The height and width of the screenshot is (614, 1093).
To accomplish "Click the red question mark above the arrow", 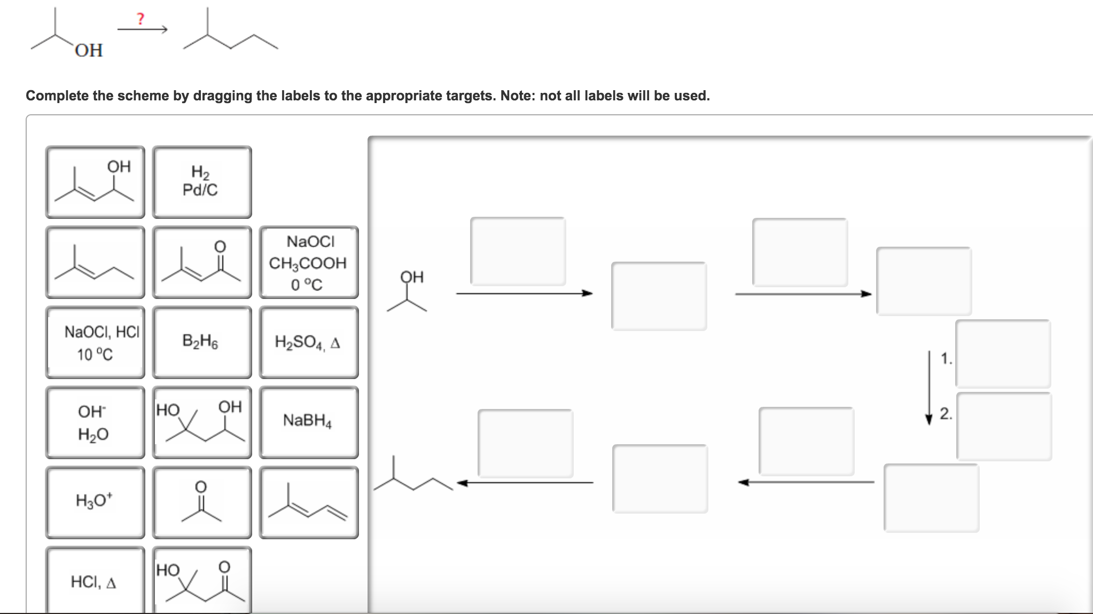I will (140, 19).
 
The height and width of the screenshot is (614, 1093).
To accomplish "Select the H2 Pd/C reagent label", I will (201, 182).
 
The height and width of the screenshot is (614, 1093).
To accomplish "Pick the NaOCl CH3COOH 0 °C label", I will (308, 262).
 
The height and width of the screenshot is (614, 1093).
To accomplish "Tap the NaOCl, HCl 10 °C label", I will (95, 342).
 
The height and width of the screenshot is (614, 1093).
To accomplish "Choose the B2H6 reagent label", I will (201, 342).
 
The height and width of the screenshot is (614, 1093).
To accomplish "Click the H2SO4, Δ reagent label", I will (308, 342).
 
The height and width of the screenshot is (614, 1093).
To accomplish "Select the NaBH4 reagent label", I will (308, 422).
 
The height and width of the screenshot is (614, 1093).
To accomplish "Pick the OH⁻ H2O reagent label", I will (95, 422).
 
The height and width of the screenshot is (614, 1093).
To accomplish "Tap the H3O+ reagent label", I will (95, 502).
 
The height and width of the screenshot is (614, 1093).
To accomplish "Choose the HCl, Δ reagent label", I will (95, 581).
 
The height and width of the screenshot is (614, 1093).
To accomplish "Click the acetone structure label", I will (201, 502).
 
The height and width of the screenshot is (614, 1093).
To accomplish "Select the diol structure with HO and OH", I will (201, 422).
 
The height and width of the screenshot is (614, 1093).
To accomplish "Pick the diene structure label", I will (308, 502).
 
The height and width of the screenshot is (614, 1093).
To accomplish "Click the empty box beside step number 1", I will (1003, 353).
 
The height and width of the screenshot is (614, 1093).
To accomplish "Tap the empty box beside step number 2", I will (1004, 426).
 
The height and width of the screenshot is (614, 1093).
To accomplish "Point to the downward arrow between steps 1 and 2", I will (929, 387).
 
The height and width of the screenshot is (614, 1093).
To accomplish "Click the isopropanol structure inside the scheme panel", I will (409, 292).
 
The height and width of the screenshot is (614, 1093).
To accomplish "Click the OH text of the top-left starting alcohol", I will (89, 50).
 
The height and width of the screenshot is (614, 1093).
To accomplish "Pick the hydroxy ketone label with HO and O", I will (201, 581).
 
